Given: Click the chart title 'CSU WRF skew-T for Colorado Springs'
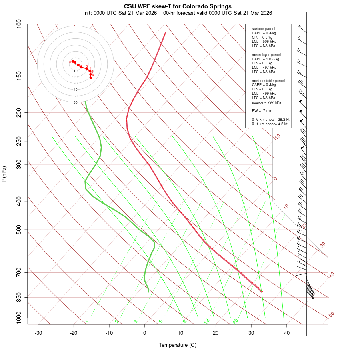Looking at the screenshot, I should pos(178,6).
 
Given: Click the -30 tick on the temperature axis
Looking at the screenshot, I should pos(38,333).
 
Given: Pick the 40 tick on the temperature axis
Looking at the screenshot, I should pos(287,333).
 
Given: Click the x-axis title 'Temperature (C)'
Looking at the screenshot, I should pos(178,345).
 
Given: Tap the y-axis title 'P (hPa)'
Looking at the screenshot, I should pos(4,174).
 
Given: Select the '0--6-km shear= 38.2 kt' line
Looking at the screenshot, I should pos(270,120).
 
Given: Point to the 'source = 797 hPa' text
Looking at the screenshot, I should pos(266,102).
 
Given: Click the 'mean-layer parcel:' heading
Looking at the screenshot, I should pos(267,54).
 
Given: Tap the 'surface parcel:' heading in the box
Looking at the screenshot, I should pos(264,29).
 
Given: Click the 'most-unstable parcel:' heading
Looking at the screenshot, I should pos(269,80).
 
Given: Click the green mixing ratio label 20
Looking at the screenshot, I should pos(235,321).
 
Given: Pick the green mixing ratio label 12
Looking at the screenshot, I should pos(207,321).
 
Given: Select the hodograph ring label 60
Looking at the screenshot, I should pos(75,102).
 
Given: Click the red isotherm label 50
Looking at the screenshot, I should pos(331,315).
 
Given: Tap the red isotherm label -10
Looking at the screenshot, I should pos(277,137).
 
